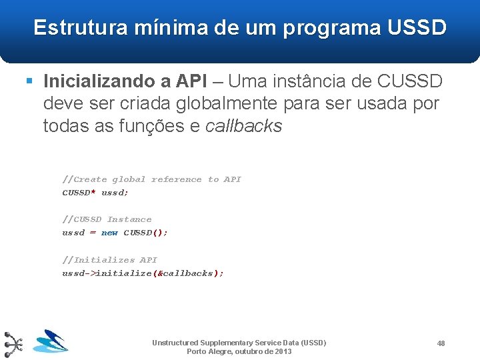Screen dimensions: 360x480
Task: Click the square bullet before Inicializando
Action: click(x=29, y=81)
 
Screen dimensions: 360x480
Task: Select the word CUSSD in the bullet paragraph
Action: click(x=410, y=81)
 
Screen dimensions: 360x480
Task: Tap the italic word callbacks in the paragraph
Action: click(x=244, y=126)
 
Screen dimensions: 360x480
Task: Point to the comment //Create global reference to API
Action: click(x=151, y=179)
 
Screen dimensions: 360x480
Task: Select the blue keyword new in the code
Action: click(x=109, y=233)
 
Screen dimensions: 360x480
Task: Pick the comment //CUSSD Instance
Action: click(x=107, y=219)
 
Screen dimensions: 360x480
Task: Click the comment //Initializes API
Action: click(x=109, y=260)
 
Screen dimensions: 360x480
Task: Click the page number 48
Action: click(x=441, y=343)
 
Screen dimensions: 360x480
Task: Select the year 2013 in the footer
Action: click(x=283, y=351)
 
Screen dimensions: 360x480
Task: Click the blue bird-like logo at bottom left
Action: click(x=51, y=341)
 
